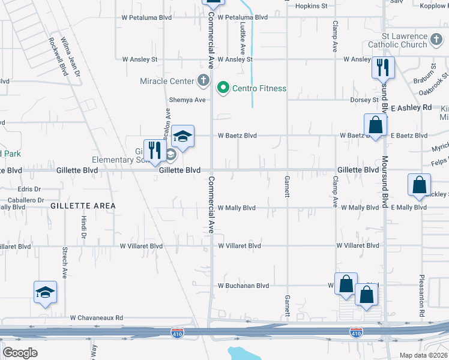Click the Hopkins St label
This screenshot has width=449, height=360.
tap(312, 6)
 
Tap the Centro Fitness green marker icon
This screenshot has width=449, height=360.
tap(223, 88)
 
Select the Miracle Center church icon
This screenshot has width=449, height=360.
tap(203, 80)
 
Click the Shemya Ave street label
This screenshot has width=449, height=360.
tap(188, 100)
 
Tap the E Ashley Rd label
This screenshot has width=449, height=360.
tap(411, 107)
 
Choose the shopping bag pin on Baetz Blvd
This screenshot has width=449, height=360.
tap(375, 125)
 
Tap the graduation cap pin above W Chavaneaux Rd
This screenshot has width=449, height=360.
tap(45, 292)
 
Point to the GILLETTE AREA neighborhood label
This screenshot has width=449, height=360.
tap(83, 206)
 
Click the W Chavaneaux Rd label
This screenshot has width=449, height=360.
tap(96, 317)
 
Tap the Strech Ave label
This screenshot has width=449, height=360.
tap(64, 262)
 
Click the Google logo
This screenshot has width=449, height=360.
tap(20, 353)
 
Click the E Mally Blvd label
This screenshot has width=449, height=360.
tap(408, 208)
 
